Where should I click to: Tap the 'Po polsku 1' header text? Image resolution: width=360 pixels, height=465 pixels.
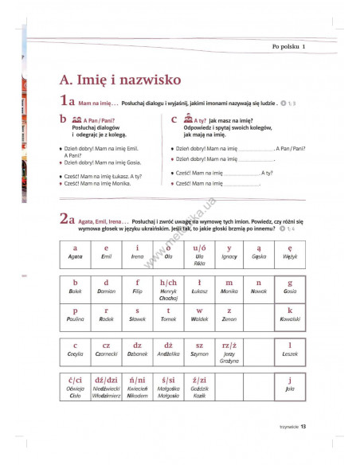pyautogui.click(x=288, y=47)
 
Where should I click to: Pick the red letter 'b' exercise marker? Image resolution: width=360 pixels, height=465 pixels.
pyautogui.click(x=62, y=120)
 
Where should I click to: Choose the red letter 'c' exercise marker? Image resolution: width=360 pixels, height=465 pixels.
pyautogui.click(x=174, y=119)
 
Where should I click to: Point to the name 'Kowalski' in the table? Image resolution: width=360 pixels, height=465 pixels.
pyautogui.click(x=290, y=318)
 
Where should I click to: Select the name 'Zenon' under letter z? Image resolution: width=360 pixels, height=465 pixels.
pyautogui.click(x=229, y=318)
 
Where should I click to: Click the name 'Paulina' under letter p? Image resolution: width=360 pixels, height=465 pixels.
pyautogui.click(x=75, y=318)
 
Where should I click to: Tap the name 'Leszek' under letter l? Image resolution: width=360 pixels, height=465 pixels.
pyautogui.click(x=290, y=353)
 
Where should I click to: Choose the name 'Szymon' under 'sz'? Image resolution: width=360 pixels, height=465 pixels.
pyautogui.click(x=199, y=353)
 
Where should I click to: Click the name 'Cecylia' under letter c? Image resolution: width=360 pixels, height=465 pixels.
pyautogui.click(x=75, y=353)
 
